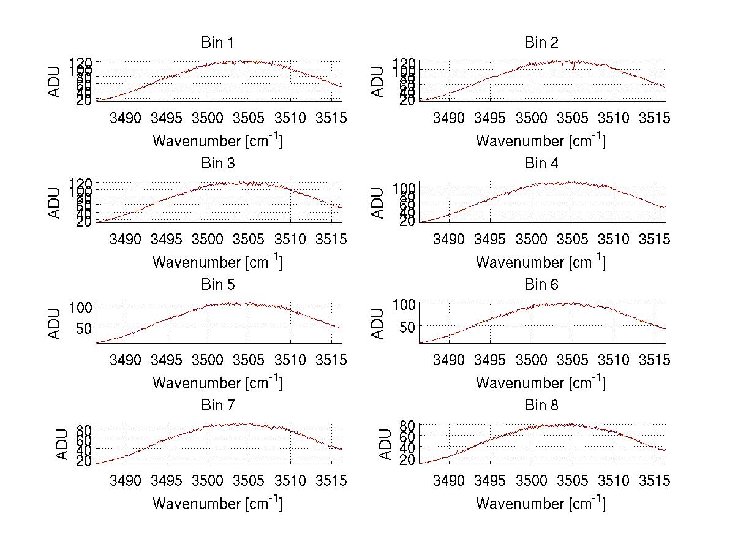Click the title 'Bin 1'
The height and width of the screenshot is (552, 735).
(217, 43)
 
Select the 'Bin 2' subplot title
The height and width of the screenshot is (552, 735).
(541, 43)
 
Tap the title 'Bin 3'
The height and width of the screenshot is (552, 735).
(217, 164)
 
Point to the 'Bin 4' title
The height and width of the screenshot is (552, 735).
(541, 164)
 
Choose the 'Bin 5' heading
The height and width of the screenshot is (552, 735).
(217, 285)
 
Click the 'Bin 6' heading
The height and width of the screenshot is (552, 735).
(541, 285)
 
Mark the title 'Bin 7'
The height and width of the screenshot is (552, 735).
(217, 406)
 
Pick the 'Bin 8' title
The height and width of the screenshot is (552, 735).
(541, 406)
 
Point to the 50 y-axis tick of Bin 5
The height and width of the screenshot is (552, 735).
(85, 328)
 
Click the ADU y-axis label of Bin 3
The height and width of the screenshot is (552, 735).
(55, 202)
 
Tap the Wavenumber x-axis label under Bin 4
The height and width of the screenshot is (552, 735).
(541, 262)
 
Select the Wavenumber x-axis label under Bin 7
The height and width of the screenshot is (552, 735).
(217, 504)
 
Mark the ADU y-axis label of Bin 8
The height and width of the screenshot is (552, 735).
(385, 444)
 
